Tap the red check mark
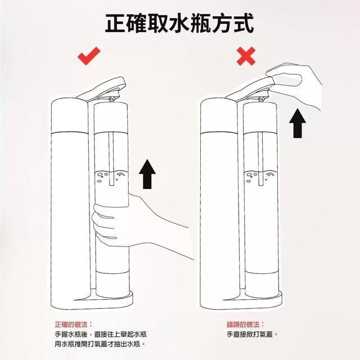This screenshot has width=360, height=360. click(89, 56)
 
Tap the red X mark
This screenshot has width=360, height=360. click(247, 56)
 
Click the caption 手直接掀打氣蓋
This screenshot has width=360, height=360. click(252, 334)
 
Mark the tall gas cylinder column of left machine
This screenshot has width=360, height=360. click(68, 197)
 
